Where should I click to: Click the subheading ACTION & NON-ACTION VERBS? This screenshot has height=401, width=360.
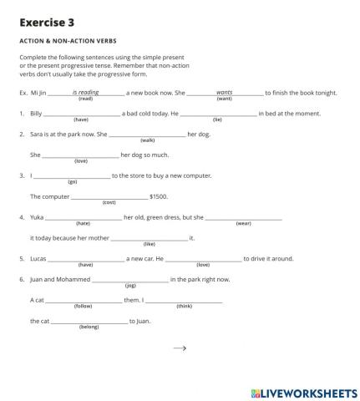(68, 40)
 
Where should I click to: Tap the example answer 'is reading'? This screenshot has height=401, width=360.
(85, 92)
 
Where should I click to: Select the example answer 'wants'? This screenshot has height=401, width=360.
(224, 92)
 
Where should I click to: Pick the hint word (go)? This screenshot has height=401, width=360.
(72, 181)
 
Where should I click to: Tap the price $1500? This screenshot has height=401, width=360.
(159, 196)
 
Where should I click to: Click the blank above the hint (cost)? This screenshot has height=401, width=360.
(109, 196)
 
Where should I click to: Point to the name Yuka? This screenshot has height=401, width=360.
(37, 217)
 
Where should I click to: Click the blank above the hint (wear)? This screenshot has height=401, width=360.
(243, 217)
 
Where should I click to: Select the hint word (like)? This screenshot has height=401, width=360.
(150, 244)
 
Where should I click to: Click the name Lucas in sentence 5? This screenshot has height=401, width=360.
(38, 258)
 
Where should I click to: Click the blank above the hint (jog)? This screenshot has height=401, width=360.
(129, 279)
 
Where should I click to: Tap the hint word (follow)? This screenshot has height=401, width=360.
(84, 306)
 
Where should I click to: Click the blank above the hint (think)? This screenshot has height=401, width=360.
(184, 300)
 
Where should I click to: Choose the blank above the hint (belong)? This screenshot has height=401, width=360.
(89, 321)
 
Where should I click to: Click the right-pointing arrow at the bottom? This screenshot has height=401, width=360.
(180, 349)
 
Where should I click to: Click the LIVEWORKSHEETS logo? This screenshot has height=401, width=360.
(303, 392)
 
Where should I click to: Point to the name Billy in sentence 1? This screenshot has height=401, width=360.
(36, 113)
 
